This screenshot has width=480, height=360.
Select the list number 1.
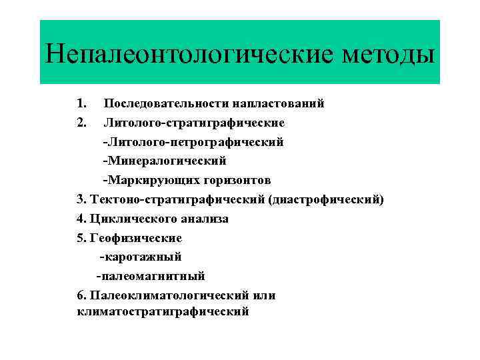pos(81,103)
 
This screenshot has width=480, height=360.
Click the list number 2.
pos(81,123)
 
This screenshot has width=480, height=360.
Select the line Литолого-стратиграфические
pos(194,123)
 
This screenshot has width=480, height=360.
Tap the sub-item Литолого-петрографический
pos(193,142)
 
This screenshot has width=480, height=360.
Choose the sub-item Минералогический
pos(165,161)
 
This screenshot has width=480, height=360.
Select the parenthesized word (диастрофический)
pos(326,199)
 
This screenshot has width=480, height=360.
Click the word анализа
pos(203,219)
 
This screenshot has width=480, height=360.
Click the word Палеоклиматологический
pos(169,295)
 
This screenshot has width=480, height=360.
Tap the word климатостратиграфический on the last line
pos(163,311)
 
